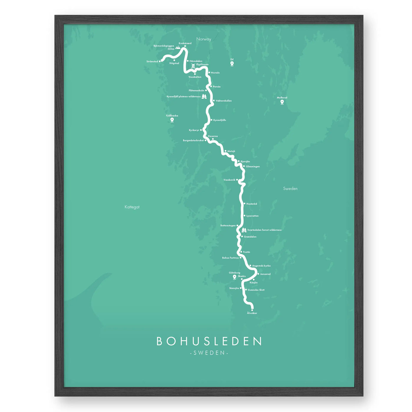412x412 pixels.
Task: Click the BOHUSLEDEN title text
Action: tap(209, 341)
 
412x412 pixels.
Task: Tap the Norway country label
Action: tap(204, 39)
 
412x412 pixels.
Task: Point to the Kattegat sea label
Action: tap(132, 207)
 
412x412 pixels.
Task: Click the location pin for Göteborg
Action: tap(235, 277)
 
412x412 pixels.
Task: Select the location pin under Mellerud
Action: tap(282, 102)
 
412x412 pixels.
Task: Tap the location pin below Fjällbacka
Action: tap(172, 120)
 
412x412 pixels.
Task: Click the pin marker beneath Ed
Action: tap(232, 64)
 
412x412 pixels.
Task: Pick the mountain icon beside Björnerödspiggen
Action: tap(178, 47)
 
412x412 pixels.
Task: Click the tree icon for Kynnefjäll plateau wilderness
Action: tap(204, 96)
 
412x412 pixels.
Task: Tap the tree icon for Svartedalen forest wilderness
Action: tap(244, 230)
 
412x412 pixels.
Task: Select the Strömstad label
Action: tap(152, 62)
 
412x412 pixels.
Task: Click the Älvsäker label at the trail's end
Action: tap(252, 313)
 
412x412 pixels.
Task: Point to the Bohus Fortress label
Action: tap(230, 258)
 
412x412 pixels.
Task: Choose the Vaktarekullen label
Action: tap(224, 101)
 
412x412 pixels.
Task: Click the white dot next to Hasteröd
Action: tap(244, 204)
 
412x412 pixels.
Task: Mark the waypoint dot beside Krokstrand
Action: tap(185, 46)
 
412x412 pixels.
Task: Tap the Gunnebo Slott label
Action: tap(256, 290)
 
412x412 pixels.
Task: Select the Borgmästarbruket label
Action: tap(193, 140)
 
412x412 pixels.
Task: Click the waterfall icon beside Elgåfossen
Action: tap(193, 66)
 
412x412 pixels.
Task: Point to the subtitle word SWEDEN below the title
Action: tap(209, 353)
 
